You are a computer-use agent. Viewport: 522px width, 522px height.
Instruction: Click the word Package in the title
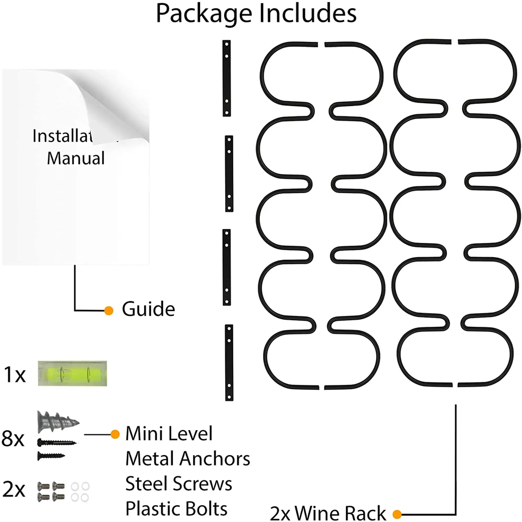[203, 14]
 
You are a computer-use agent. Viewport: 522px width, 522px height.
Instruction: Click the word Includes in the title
[307, 14]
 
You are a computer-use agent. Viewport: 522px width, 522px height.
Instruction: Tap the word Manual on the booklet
[76, 158]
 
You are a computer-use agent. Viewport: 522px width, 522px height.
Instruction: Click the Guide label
[148, 309]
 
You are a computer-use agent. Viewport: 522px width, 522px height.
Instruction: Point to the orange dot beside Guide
[109, 310]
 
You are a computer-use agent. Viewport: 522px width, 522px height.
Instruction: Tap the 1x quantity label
[14, 375]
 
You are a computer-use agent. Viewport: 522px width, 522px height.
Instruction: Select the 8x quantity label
[14, 438]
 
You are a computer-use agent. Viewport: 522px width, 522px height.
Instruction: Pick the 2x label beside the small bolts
[14, 490]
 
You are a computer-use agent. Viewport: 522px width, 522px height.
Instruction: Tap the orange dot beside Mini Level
[115, 434]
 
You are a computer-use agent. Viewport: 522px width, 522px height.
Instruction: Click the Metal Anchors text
[188, 459]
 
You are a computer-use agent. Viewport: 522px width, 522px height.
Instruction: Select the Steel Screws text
[179, 483]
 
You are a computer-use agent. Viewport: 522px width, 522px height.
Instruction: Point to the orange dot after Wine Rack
[397, 513]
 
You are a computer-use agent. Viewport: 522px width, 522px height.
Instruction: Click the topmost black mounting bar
[227, 78]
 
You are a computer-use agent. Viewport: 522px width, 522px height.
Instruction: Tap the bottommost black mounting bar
[228, 362]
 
